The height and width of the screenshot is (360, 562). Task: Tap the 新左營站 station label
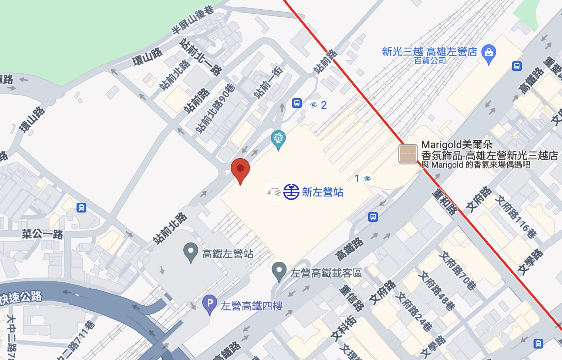pyautogui.click(x=322, y=192)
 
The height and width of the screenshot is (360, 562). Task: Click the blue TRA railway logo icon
pyautogui.click(x=291, y=192)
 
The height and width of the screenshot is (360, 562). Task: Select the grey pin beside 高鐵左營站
pyautogui.click(x=190, y=252)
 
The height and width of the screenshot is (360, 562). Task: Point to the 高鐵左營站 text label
pyautogui.click(x=228, y=254)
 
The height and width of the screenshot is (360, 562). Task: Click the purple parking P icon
pyautogui.click(x=210, y=305)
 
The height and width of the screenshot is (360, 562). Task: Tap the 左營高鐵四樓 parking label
pyautogui.click(x=251, y=306)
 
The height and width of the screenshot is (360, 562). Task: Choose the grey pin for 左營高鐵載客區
pyautogui.click(x=279, y=271)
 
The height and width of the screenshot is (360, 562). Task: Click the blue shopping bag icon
pyautogui.click(x=489, y=54)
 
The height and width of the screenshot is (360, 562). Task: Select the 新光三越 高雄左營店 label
pyautogui.click(x=429, y=52)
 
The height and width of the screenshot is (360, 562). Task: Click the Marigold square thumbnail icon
pyautogui.click(x=408, y=154)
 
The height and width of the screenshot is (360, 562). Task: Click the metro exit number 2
pyautogui.click(x=324, y=105)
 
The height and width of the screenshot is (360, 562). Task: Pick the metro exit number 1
pyautogui.click(x=357, y=179)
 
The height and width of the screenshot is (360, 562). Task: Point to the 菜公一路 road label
pyautogui.click(x=42, y=234)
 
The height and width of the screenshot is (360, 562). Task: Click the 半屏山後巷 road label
pyautogui.click(x=193, y=20)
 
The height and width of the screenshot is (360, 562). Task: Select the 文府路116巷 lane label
pyautogui.click(x=515, y=217)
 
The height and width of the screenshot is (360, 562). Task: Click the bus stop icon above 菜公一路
pyautogui.click(x=81, y=208)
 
